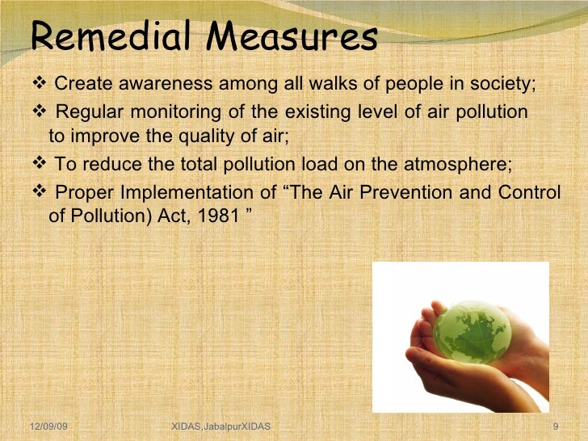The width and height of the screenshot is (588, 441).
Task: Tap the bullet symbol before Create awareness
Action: point(43,86)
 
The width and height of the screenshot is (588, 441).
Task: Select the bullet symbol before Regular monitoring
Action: point(43,112)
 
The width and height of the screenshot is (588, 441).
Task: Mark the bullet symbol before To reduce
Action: point(43,165)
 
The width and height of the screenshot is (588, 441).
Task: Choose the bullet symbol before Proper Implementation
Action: point(43,192)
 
